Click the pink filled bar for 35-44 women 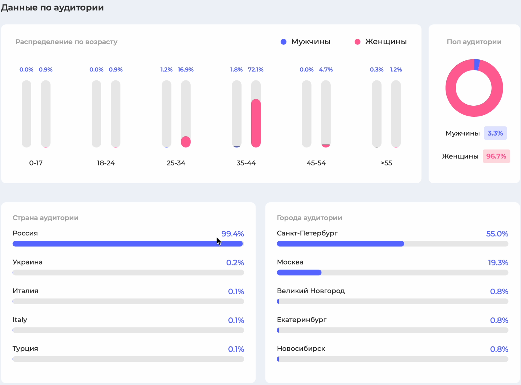tap(256, 123)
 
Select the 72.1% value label tap(256, 70)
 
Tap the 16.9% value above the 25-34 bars tap(186, 70)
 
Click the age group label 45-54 tap(316, 163)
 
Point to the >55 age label tap(386, 163)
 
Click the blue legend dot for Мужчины tap(284, 42)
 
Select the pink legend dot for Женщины tap(357, 42)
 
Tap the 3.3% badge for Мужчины tap(495, 133)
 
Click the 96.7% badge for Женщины tap(496, 156)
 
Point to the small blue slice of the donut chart tap(477, 65)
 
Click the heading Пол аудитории tap(474, 42)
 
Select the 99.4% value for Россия tap(233, 234)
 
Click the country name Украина tap(28, 262)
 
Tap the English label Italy tap(20, 320)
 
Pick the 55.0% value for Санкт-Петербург tap(497, 234)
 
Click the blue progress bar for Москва tap(299, 272)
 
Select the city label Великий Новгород tap(311, 291)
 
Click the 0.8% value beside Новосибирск tap(499, 349)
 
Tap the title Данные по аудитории tap(52, 8)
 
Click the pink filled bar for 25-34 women tap(186, 142)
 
